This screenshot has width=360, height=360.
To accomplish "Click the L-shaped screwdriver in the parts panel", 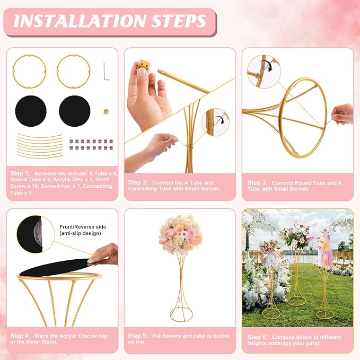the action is click(106, 72).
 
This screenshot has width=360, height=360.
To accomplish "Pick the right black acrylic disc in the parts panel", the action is click(75, 111).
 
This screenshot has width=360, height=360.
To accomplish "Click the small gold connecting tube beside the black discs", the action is click(106, 112).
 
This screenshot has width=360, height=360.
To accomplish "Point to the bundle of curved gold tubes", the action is click(40, 146).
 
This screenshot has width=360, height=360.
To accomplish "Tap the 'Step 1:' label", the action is click(20, 173).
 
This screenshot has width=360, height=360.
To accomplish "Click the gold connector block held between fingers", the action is click(143, 65).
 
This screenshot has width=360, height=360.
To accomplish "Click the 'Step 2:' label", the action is click(138, 182).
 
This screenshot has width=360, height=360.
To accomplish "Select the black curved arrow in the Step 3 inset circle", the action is click(267, 65).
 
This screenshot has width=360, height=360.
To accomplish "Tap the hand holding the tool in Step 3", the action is click(343, 114).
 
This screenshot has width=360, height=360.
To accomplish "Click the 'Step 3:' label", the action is click(258, 183).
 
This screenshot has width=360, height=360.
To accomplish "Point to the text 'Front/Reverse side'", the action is click(83, 227).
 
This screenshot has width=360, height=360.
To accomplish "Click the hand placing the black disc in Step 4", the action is click(103, 254).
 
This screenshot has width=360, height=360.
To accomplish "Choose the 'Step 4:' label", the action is click(20, 336).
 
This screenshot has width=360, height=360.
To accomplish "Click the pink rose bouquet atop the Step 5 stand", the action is click(180, 235).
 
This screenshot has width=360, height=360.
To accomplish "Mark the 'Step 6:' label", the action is click(258, 337).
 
